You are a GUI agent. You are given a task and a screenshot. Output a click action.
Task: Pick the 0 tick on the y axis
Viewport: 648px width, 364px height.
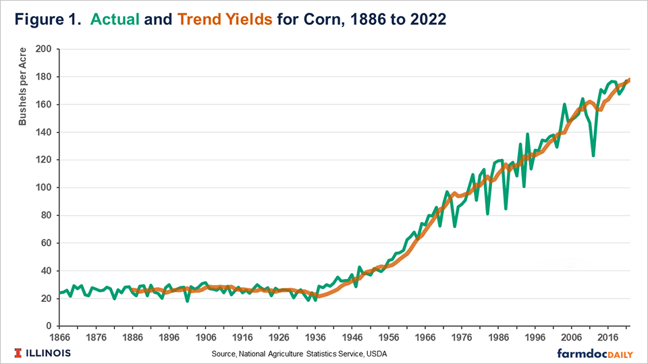pyautogui.click(x=49, y=326)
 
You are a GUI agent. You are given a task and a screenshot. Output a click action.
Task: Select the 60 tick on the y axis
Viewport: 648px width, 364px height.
pyautogui.click(x=46, y=243)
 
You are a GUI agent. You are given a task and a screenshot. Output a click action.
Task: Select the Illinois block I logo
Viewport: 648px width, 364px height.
pyautogui.click(x=16, y=353)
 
